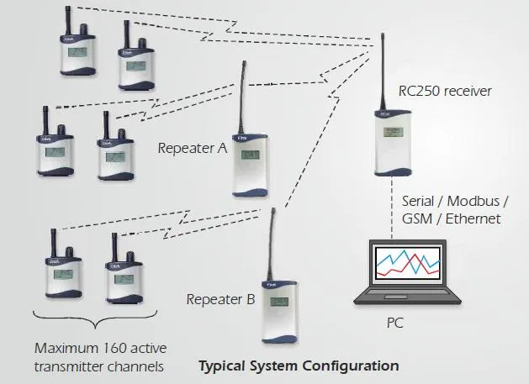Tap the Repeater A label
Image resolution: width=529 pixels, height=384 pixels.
coord(193,148)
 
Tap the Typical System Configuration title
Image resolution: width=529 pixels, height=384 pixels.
coord(298,366)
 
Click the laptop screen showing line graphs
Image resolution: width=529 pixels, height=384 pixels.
coord(408,266)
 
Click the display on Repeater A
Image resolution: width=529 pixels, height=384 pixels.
coord(250,154)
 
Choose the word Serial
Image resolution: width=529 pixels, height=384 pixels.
coord(417,202)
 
